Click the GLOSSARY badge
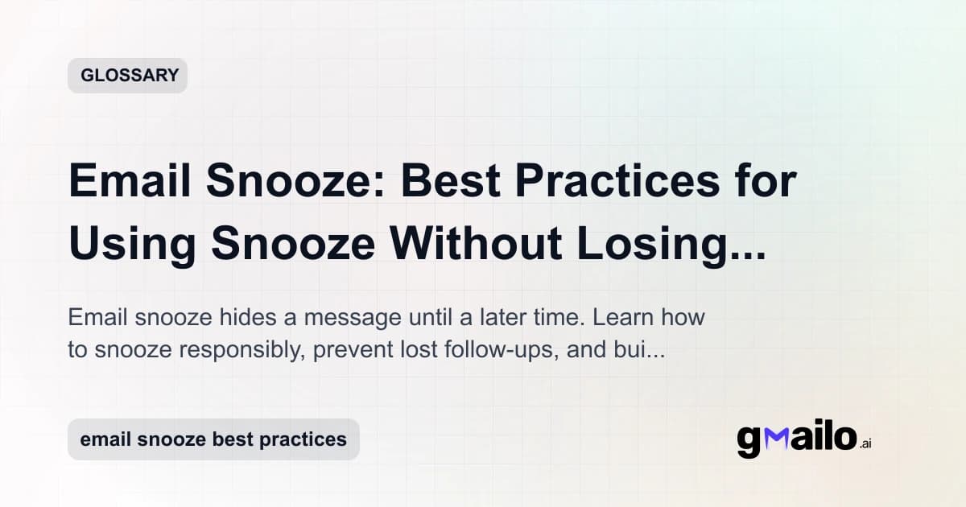127,76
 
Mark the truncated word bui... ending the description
641,351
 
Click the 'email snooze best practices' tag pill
213,439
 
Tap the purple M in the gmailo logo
776,439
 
